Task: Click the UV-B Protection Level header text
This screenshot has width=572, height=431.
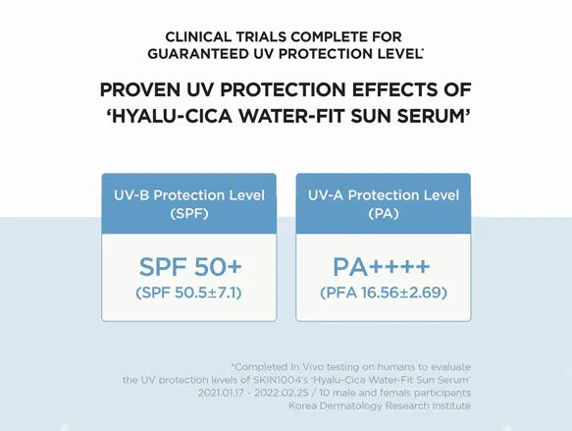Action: click(189, 195)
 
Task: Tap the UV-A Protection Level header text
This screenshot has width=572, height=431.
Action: click(383, 195)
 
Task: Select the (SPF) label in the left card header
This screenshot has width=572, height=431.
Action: click(189, 213)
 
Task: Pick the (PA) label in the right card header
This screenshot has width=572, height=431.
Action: click(383, 213)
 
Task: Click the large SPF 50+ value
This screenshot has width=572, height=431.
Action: click(189, 267)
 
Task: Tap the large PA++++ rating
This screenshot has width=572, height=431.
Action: click(383, 267)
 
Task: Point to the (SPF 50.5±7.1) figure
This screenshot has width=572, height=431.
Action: click(189, 293)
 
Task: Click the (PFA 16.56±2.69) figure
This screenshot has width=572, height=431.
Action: click(383, 293)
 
